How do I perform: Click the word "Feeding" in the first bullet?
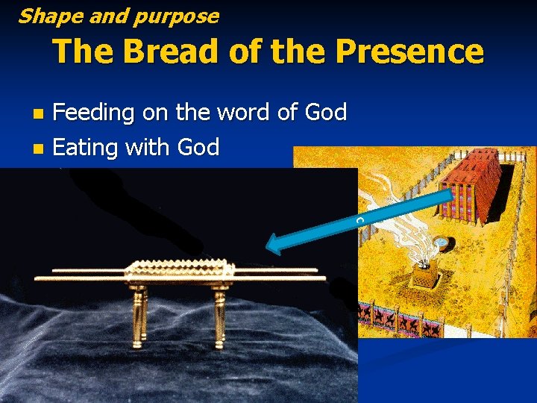click(x=93, y=113)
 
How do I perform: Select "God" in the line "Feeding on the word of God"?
click(x=326, y=113)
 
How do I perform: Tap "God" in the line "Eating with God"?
click(x=198, y=147)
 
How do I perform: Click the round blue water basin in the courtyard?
click(x=443, y=243)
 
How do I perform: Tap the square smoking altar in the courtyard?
click(x=425, y=278)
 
